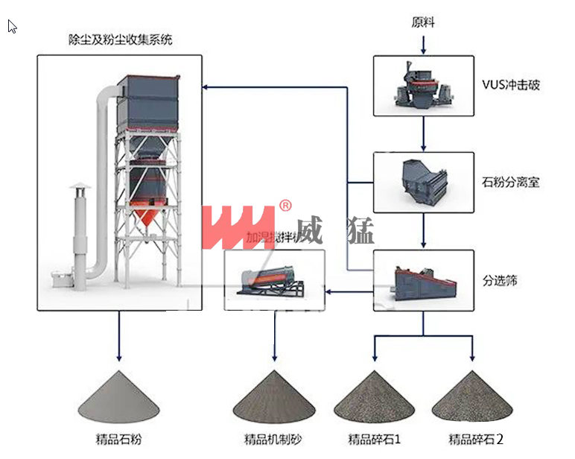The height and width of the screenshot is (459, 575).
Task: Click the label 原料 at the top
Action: pyautogui.click(x=422, y=22)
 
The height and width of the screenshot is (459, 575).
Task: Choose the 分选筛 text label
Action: pyautogui.click(x=500, y=281)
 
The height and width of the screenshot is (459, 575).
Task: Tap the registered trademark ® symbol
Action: pyautogui.click(x=285, y=206)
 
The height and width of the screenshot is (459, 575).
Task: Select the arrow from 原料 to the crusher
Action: pyautogui.click(x=423, y=44)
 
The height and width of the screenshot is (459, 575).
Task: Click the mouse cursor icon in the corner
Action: pyautogui.click(x=12, y=27)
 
